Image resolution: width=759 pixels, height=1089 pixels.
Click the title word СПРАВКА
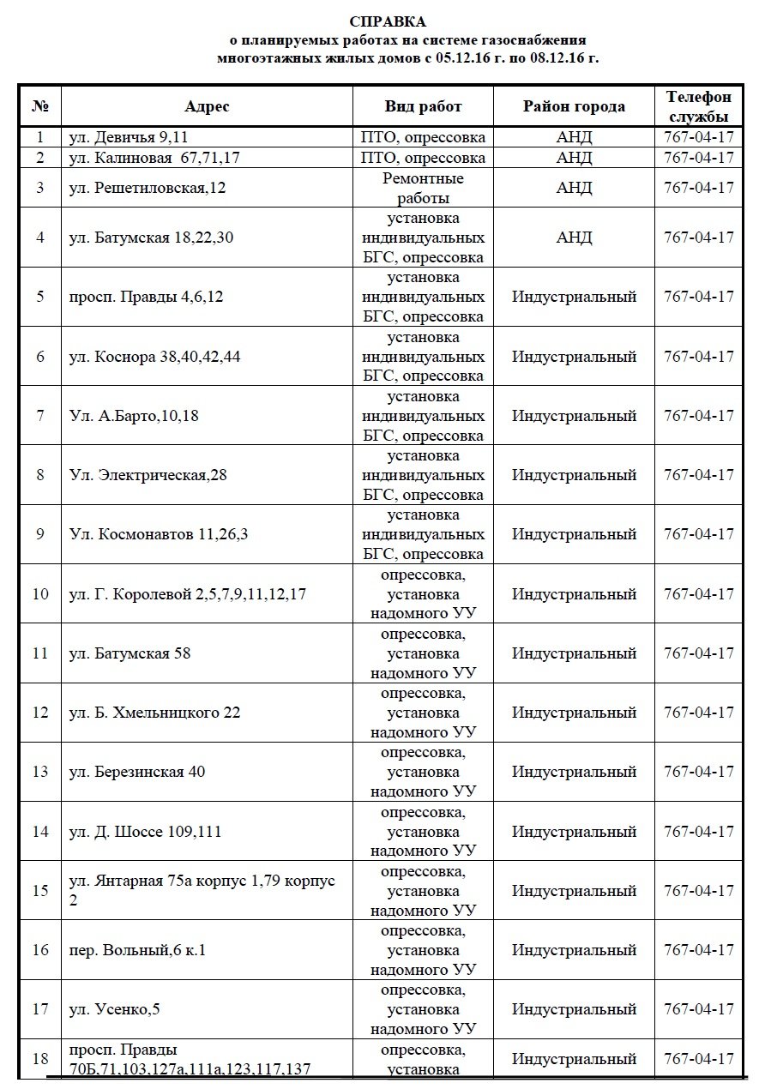pos(387,21)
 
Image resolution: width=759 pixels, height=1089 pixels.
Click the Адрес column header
pos(207,106)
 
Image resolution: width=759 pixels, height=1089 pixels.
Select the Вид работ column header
pos(424,106)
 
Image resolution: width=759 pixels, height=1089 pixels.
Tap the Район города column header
pos(574,106)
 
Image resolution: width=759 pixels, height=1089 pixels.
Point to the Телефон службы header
pos(699,106)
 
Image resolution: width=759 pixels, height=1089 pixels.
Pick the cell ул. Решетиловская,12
pos(148,187)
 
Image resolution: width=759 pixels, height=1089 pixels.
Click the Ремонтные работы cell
pos(424,187)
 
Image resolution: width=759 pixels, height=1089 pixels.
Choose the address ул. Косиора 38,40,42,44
pos(155,356)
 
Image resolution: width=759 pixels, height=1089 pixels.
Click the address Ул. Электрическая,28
pos(148,474)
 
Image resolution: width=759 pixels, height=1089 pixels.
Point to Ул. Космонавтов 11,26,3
pos(159,534)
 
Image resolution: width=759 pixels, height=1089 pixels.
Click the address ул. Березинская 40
pos(137,772)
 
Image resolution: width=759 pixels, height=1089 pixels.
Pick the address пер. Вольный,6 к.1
pos(138,950)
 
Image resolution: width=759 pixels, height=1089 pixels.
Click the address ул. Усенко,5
pos(115,1009)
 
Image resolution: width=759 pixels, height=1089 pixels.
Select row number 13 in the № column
pos(40,772)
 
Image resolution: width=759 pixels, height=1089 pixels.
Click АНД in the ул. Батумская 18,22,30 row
pos(574,237)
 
